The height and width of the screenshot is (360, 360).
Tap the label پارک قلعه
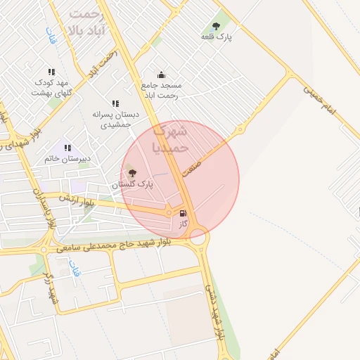216,37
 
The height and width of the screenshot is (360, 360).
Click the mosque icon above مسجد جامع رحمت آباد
161,75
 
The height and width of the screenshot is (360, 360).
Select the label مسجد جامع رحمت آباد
162,89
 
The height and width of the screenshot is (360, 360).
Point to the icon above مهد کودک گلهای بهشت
51,72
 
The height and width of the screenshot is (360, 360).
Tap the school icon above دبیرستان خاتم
67,148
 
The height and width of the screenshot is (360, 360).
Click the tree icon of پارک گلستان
132,172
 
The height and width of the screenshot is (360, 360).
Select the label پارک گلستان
132,184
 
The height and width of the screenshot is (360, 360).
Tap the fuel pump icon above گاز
184,213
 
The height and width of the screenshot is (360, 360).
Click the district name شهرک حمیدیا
170,139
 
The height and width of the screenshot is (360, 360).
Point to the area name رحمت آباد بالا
86,22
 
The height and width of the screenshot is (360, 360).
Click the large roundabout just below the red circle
198,238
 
